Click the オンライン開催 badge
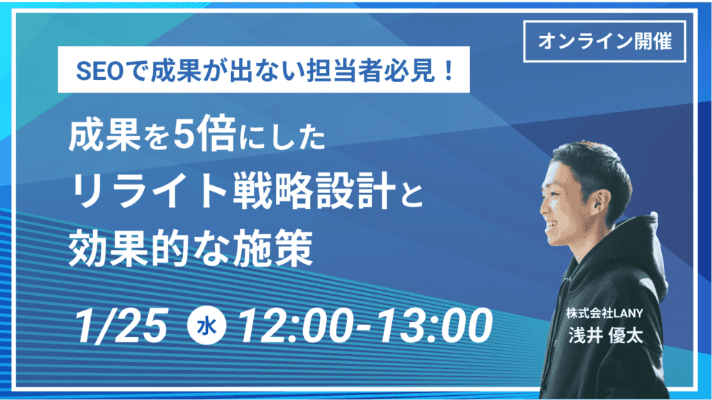click(604, 41)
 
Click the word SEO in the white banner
click(99, 72)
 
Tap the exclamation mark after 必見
click(449, 72)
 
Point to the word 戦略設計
click(314, 192)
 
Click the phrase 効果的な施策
click(191, 249)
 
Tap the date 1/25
click(120, 325)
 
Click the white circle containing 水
click(207, 326)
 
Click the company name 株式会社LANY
click(604, 313)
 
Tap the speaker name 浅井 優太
click(606, 336)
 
